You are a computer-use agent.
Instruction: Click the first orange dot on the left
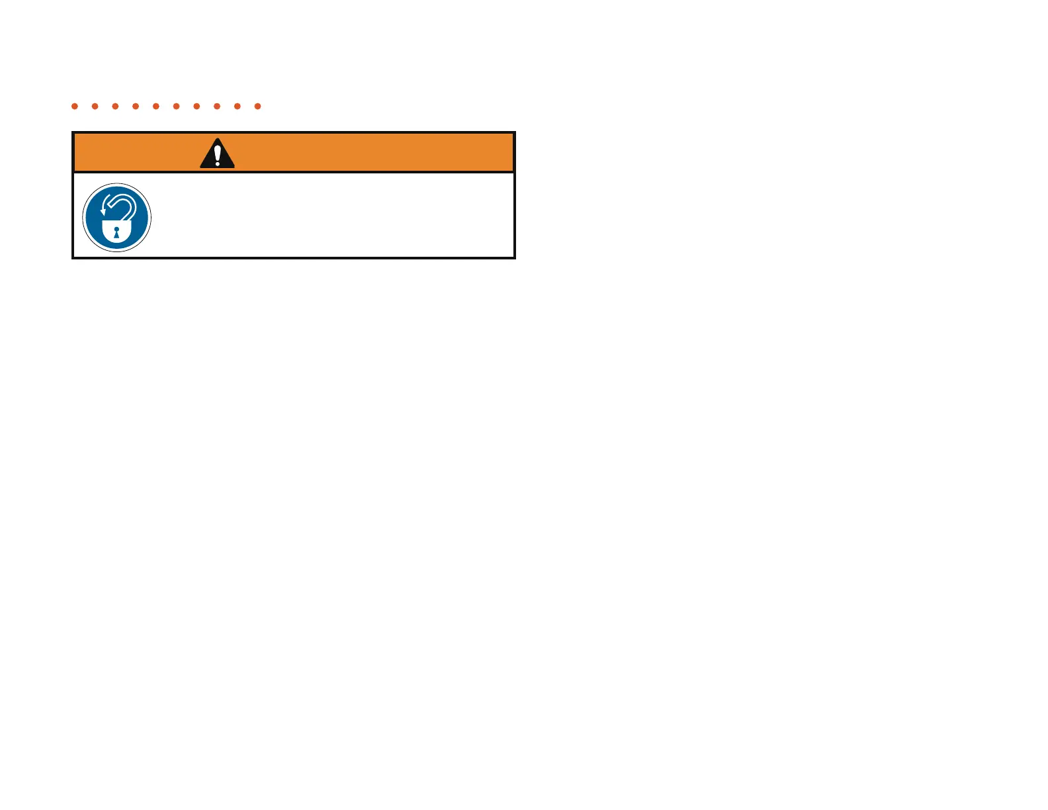click(x=75, y=106)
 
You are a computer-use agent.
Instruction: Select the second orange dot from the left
click(x=95, y=106)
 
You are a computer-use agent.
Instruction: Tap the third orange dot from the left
click(x=115, y=106)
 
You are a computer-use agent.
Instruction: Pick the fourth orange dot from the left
click(x=136, y=106)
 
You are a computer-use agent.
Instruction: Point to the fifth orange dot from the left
click(x=156, y=106)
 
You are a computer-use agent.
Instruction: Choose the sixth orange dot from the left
click(x=176, y=106)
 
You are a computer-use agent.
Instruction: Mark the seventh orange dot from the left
click(x=196, y=106)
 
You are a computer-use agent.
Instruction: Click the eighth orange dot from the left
click(x=217, y=106)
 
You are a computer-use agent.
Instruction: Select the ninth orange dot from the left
click(x=238, y=106)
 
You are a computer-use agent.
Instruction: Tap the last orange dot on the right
click(x=258, y=106)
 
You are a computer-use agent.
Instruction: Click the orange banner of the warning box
click(x=364, y=152)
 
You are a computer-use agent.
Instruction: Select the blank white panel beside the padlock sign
click(x=331, y=215)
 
